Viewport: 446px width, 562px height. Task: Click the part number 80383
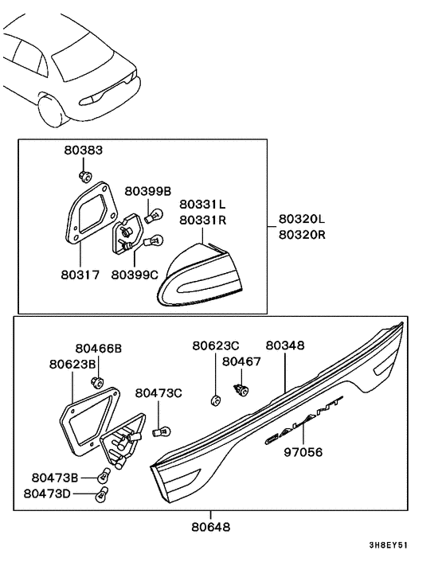[x=84, y=150]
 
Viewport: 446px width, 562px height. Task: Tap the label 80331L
[x=201, y=205]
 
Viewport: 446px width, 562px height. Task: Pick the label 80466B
[x=100, y=348]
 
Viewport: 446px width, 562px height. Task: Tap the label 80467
[x=242, y=361]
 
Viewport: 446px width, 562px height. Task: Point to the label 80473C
[x=158, y=392]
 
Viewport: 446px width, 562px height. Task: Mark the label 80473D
[x=48, y=494]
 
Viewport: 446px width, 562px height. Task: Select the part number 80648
[x=213, y=526]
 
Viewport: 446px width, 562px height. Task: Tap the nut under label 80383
[x=84, y=175]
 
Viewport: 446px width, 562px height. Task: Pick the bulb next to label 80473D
[x=100, y=494]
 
